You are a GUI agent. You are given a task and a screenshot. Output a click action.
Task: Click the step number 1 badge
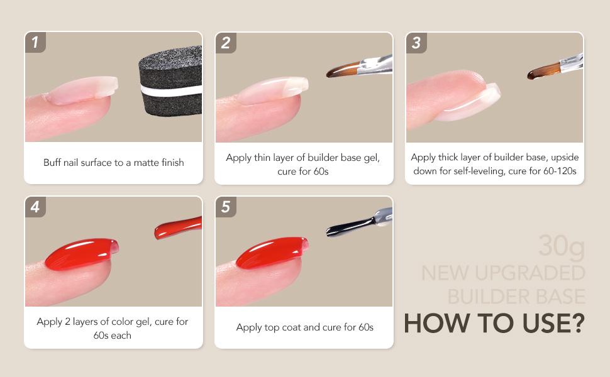click(35, 42)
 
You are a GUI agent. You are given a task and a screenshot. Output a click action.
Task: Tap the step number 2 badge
click(226, 43)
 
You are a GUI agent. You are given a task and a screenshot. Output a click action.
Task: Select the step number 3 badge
click(417, 43)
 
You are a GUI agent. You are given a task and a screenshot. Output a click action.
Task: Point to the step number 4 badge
click(35, 207)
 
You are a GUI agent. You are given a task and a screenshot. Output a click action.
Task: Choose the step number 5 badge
click(226, 207)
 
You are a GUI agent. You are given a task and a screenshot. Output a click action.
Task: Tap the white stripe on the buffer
click(171, 90)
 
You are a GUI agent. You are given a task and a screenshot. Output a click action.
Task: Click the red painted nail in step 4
click(82, 253)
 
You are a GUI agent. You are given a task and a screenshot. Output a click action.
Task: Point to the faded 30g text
click(562, 246)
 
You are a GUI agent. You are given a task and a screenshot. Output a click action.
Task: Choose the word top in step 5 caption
click(272, 327)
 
